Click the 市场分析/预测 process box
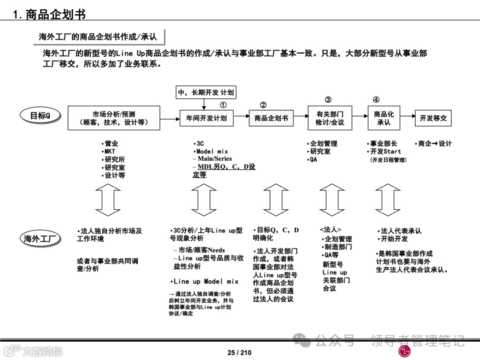coord(114,118)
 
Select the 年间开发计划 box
coord(206,118)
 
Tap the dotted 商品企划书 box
coord(271,118)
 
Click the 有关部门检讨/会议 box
coord(330,118)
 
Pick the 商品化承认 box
coord(384,118)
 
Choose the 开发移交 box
coord(433,118)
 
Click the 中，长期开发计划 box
coord(206,92)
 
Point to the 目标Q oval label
coord(40,116)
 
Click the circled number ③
coord(328,100)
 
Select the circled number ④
coord(376,100)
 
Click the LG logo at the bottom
coord(404,352)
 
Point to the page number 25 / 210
coord(240,352)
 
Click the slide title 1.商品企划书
coord(49,14)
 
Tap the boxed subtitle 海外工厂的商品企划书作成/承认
coord(98,37)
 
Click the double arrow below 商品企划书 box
coord(276,200)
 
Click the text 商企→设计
coord(433,144)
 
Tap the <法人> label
coord(330,230)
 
